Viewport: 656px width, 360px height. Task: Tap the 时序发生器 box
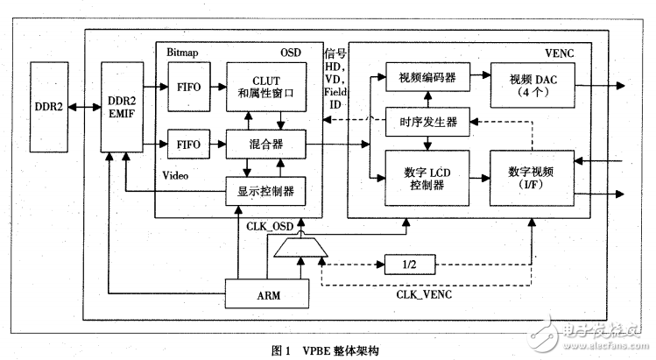tap(425, 123)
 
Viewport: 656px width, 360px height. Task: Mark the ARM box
tap(268, 294)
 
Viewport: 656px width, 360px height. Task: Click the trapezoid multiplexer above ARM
tap(301, 250)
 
